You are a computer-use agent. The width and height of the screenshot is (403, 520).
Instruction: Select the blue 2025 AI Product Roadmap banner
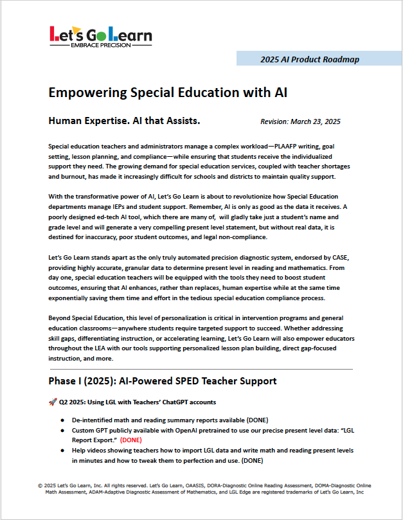click(x=310, y=59)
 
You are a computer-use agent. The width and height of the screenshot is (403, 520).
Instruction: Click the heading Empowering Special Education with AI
click(x=168, y=93)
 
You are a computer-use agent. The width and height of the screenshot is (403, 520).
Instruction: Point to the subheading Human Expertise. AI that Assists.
click(x=125, y=120)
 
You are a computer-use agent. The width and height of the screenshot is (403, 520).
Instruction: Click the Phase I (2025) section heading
click(x=163, y=381)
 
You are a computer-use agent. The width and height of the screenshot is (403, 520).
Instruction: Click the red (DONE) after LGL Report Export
click(x=132, y=440)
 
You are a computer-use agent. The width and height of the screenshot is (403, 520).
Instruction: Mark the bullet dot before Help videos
click(x=62, y=451)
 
